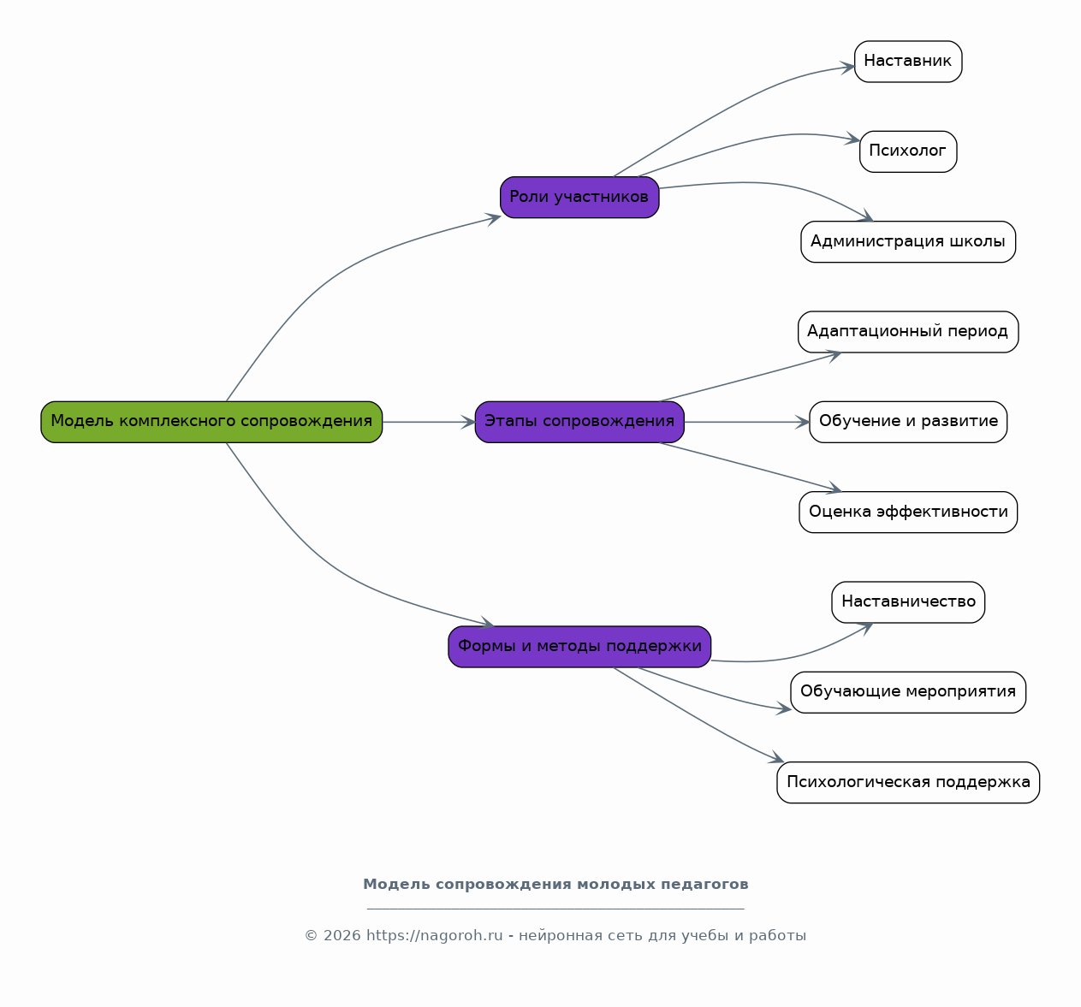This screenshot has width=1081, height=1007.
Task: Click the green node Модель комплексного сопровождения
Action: (x=211, y=422)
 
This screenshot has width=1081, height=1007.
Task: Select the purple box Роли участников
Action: (x=579, y=197)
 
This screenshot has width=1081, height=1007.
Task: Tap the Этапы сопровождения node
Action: (x=579, y=422)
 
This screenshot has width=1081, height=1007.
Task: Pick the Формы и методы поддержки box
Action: (x=579, y=647)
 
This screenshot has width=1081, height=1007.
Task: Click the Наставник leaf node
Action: (x=908, y=62)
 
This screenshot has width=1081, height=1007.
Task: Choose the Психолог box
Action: (x=908, y=151)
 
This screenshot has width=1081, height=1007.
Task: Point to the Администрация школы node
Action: (x=908, y=241)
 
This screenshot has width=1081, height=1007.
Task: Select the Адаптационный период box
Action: (x=908, y=331)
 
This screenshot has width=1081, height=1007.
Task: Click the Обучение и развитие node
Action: (x=908, y=422)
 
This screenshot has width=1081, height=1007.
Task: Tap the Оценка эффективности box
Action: (x=908, y=512)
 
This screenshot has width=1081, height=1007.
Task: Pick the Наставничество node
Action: (x=908, y=602)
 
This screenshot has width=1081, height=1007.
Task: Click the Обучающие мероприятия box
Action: (x=908, y=692)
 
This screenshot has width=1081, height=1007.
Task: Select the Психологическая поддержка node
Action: (x=908, y=782)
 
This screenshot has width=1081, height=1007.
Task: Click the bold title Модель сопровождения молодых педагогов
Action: (x=555, y=884)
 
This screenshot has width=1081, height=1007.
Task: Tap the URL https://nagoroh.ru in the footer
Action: (x=434, y=935)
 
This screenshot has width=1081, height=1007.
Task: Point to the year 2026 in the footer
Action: (x=342, y=935)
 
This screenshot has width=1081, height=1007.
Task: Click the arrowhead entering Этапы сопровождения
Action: (x=469, y=422)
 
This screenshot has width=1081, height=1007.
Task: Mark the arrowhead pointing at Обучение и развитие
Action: (x=804, y=422)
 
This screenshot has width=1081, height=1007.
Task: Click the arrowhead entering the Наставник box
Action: (x=848, y=68)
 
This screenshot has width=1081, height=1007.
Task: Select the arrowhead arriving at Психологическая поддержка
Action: (x=777, y=758)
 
